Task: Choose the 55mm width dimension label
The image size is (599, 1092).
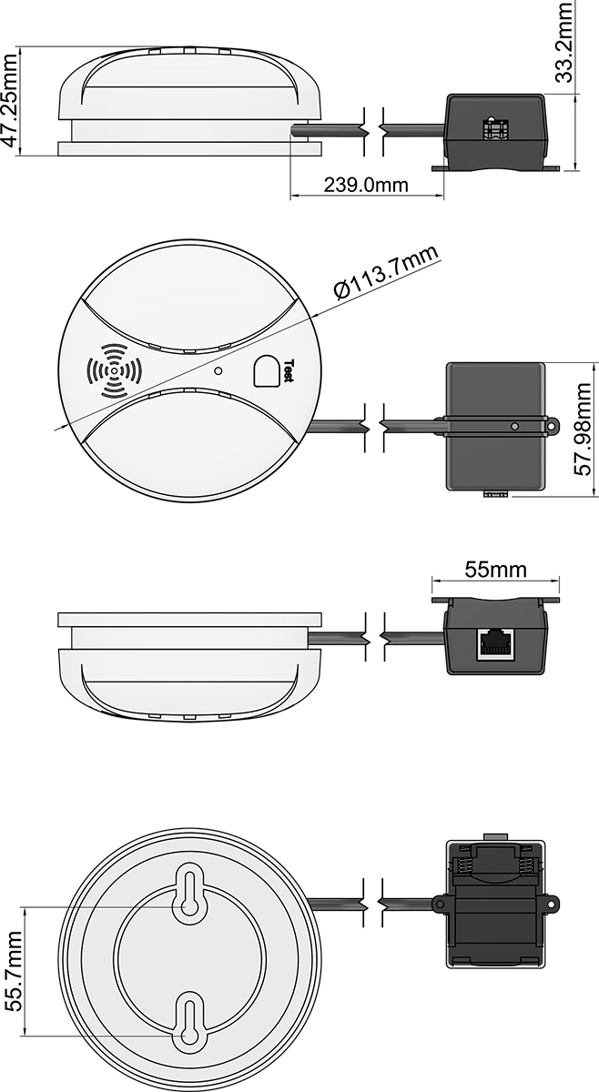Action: coord(496,570)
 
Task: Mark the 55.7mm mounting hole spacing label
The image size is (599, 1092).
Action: coord(14,972)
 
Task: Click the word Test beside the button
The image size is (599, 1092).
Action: coord(289,369)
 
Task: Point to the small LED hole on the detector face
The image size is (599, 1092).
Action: coord(218,370)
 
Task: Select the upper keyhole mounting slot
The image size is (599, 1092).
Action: coord(189,893)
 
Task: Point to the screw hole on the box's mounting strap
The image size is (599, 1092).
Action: coord(514,425)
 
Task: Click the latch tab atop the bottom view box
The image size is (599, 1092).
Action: coord(494,836)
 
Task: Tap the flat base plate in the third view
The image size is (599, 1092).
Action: coord(189,620)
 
